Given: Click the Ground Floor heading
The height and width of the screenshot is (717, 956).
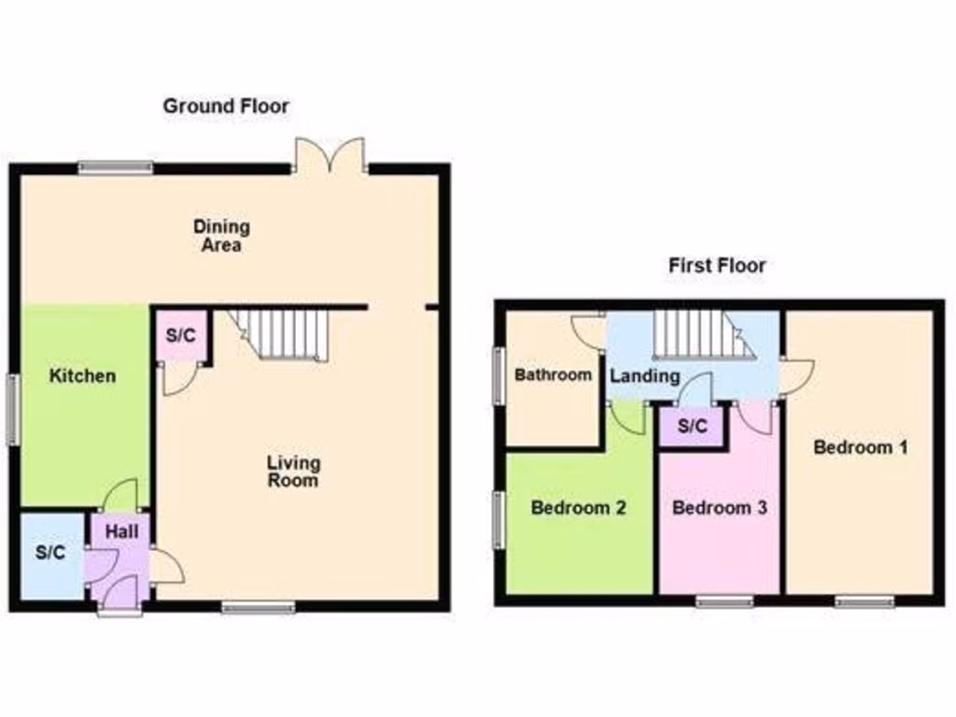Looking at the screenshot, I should [226, 106].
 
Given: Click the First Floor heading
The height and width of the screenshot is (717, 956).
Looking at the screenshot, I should [717, 266].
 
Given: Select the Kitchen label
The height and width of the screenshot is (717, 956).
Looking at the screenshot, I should [83, 376].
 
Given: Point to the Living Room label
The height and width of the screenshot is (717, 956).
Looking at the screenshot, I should [293, 471].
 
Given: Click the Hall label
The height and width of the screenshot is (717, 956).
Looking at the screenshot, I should [121, 532].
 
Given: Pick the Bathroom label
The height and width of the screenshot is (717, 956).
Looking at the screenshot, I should [554, 375].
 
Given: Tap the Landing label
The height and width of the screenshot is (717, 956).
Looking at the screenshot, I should [644, 376].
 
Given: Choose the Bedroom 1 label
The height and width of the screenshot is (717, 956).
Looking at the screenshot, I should [860, 447].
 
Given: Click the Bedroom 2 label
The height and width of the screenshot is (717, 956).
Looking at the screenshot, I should [578, 509].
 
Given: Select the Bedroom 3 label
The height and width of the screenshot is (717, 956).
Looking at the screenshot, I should [719, 509].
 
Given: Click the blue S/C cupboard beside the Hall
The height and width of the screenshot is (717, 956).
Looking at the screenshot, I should [51, 553].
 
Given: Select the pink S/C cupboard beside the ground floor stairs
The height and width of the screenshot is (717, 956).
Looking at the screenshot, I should [180, 336].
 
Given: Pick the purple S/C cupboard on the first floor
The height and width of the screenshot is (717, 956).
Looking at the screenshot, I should [692, 427].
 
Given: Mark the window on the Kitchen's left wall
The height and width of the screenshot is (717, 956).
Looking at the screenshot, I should [13, 409].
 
